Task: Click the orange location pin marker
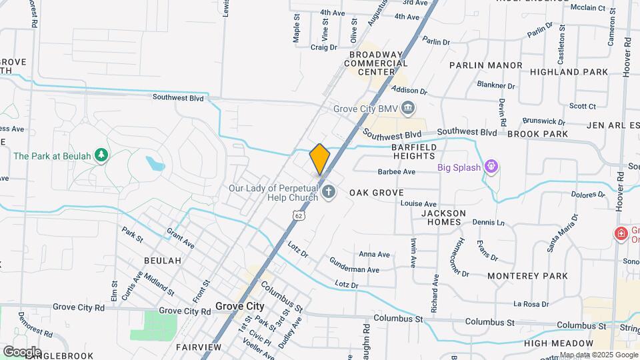[x=320, y=159]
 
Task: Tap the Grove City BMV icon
[x=409, y=107]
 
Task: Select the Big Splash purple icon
[x=491, y=166]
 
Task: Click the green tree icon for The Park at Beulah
[x=101, y=155]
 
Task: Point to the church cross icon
[x=328, y=193]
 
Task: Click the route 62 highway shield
[x=298, y=215]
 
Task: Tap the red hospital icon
[x=621, y=234]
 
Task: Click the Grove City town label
[x=239, y=307]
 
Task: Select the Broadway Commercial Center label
[x=375, y=63]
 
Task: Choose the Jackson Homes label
[x=443, y=217]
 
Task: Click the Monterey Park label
[x=527, y=275]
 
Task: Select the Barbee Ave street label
[x=396, y=172]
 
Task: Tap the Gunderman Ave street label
[x=354, y=269]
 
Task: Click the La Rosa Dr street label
[x=531, y=304]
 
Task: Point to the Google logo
[x=22, y=351]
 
